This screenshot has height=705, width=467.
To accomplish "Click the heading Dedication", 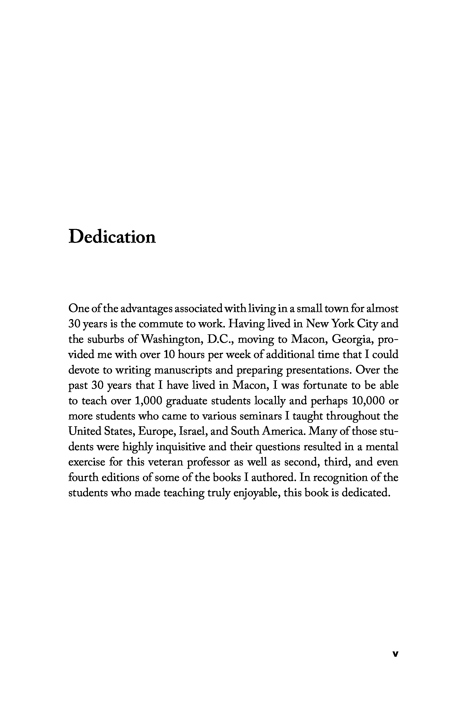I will tap(112, 237).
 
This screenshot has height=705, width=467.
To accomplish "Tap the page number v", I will tap(395, 654).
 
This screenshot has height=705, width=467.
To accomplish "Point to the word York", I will tap(343, 324).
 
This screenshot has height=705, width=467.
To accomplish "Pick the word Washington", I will tap(172, 339).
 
